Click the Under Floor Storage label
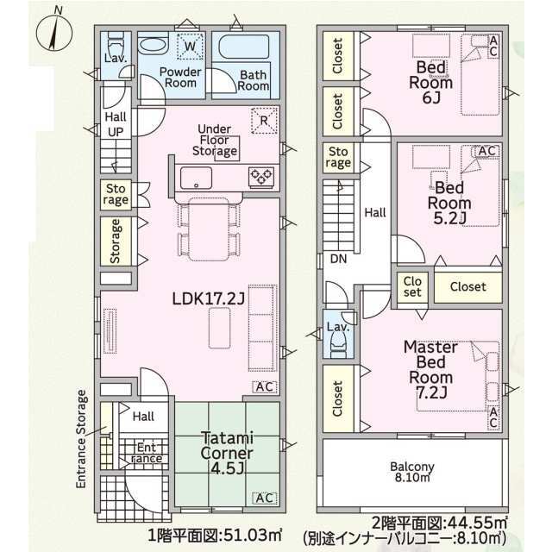tap(214, 140)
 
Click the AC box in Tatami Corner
tap(265, 499)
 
